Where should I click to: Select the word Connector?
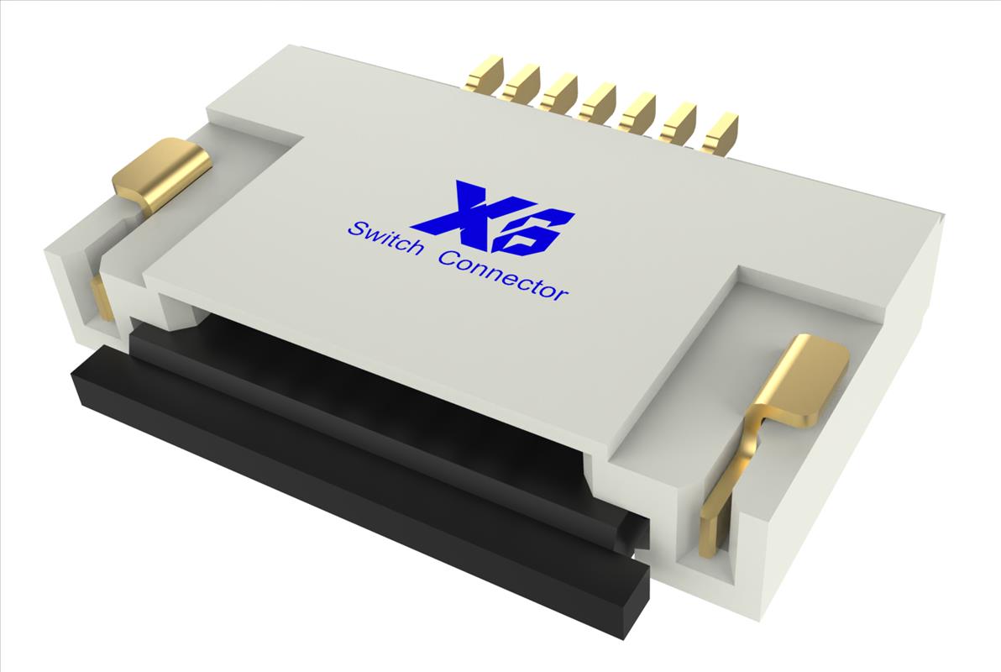coord(504,275)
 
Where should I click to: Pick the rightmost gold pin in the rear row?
coord(720,134)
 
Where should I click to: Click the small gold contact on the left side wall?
coord(102,298)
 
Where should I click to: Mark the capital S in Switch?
coord(354,228)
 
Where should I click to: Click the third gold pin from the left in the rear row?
coord(559,93)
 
